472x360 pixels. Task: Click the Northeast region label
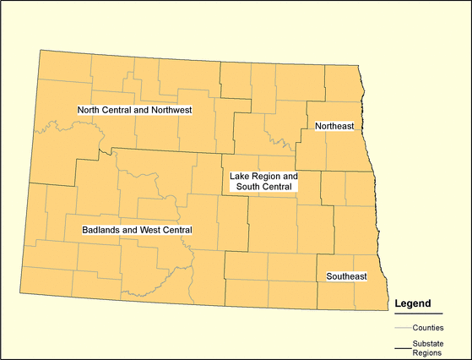[334, 126]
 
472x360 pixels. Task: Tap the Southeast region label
[346, 276]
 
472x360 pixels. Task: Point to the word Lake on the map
[240, 177]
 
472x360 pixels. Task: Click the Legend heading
[413, 303]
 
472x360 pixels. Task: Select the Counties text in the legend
[429, 327]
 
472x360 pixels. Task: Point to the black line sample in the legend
[403, 347]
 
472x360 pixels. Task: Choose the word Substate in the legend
[429, 343]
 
